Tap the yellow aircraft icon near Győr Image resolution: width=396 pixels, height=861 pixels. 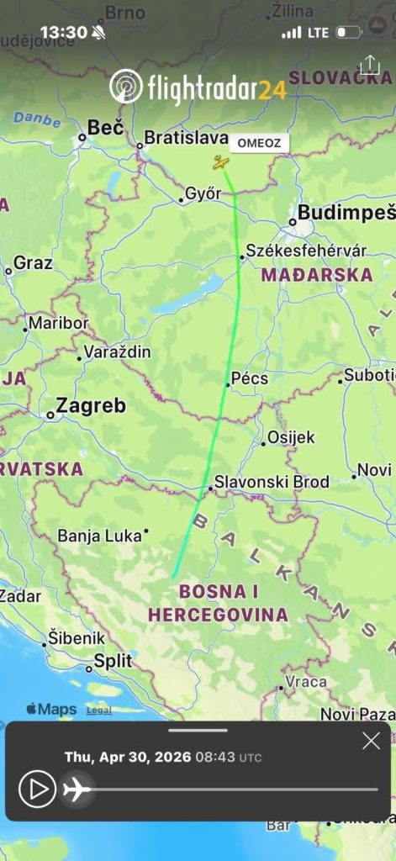tap(220, 162)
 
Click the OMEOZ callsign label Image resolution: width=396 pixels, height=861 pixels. tap(259, 143)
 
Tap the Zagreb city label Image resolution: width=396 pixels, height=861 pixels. tap(90, 406)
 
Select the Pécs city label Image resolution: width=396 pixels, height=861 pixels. tap(250, 378)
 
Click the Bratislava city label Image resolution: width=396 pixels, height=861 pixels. tap(186, 137)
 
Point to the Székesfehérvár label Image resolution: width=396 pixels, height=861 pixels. tap(306, 251)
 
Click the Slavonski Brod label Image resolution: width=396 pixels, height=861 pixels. tap(272, 483)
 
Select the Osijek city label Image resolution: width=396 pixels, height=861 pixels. tap(291, 437)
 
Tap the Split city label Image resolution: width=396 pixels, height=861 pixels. tap(113, 661)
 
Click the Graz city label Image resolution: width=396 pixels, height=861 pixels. tap(33, 263)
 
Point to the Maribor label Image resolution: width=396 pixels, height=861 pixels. tap(59, 323)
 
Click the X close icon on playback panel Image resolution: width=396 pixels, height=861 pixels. tap(371, 741)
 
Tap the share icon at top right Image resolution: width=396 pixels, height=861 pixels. tap(370, 66)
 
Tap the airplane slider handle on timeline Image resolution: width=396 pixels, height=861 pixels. tap(77, 790)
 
